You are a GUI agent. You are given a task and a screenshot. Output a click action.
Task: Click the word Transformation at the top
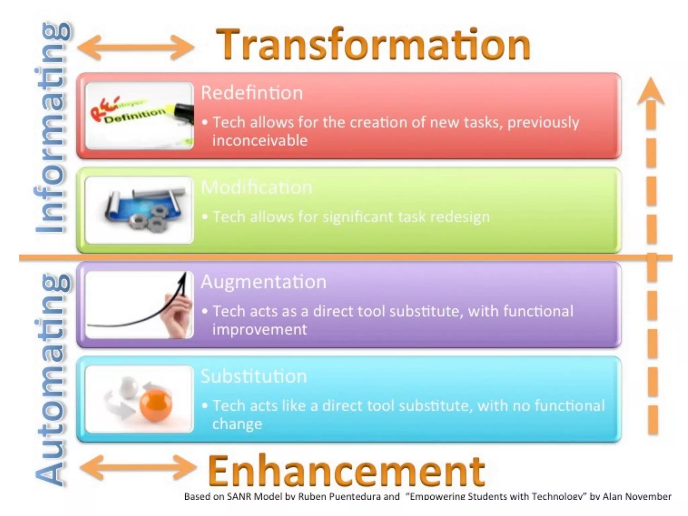pos(373,44)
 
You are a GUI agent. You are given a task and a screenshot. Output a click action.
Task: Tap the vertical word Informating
pos(52,128)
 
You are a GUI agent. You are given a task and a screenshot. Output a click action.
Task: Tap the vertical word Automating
pos(52,380)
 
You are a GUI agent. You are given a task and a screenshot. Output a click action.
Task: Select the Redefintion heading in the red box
pos(252,93)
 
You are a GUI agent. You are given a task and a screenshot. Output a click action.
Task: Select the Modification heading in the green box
pos(256,187)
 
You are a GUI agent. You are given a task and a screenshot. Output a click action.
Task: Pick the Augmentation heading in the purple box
pos(263,282)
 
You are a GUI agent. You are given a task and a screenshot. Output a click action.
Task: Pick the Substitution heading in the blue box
pos(254,376)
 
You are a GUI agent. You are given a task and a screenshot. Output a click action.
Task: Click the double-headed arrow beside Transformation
pos(136,47)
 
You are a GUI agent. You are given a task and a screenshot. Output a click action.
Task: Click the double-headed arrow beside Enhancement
pos(138,467)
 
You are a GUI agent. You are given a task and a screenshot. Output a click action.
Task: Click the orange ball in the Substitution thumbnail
pos(156,405)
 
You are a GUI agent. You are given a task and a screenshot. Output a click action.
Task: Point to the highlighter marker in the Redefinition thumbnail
pos(181,111)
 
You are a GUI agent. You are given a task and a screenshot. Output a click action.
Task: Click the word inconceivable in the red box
pos(260,140)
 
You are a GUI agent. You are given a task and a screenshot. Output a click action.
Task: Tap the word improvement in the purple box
pos(259,330)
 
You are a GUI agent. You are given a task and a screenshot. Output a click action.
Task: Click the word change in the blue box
pos(237,424)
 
